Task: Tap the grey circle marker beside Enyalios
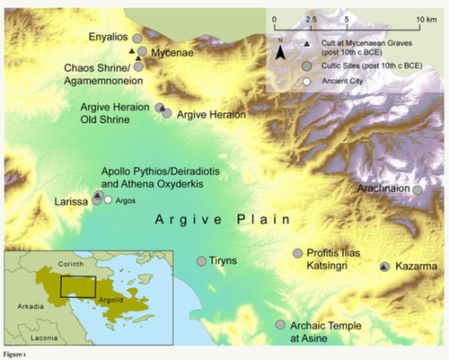coord(136,39)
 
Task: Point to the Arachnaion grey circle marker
coord(418,189)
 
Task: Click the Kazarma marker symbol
coord(384,268)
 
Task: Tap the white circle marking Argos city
coord(108,200)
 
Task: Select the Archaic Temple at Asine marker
coord(280,324)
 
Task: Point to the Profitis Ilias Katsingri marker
coord(297,254)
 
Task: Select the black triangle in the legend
coord(307,43)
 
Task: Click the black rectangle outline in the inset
coord(77,286)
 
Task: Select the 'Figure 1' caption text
coord(16,355)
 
